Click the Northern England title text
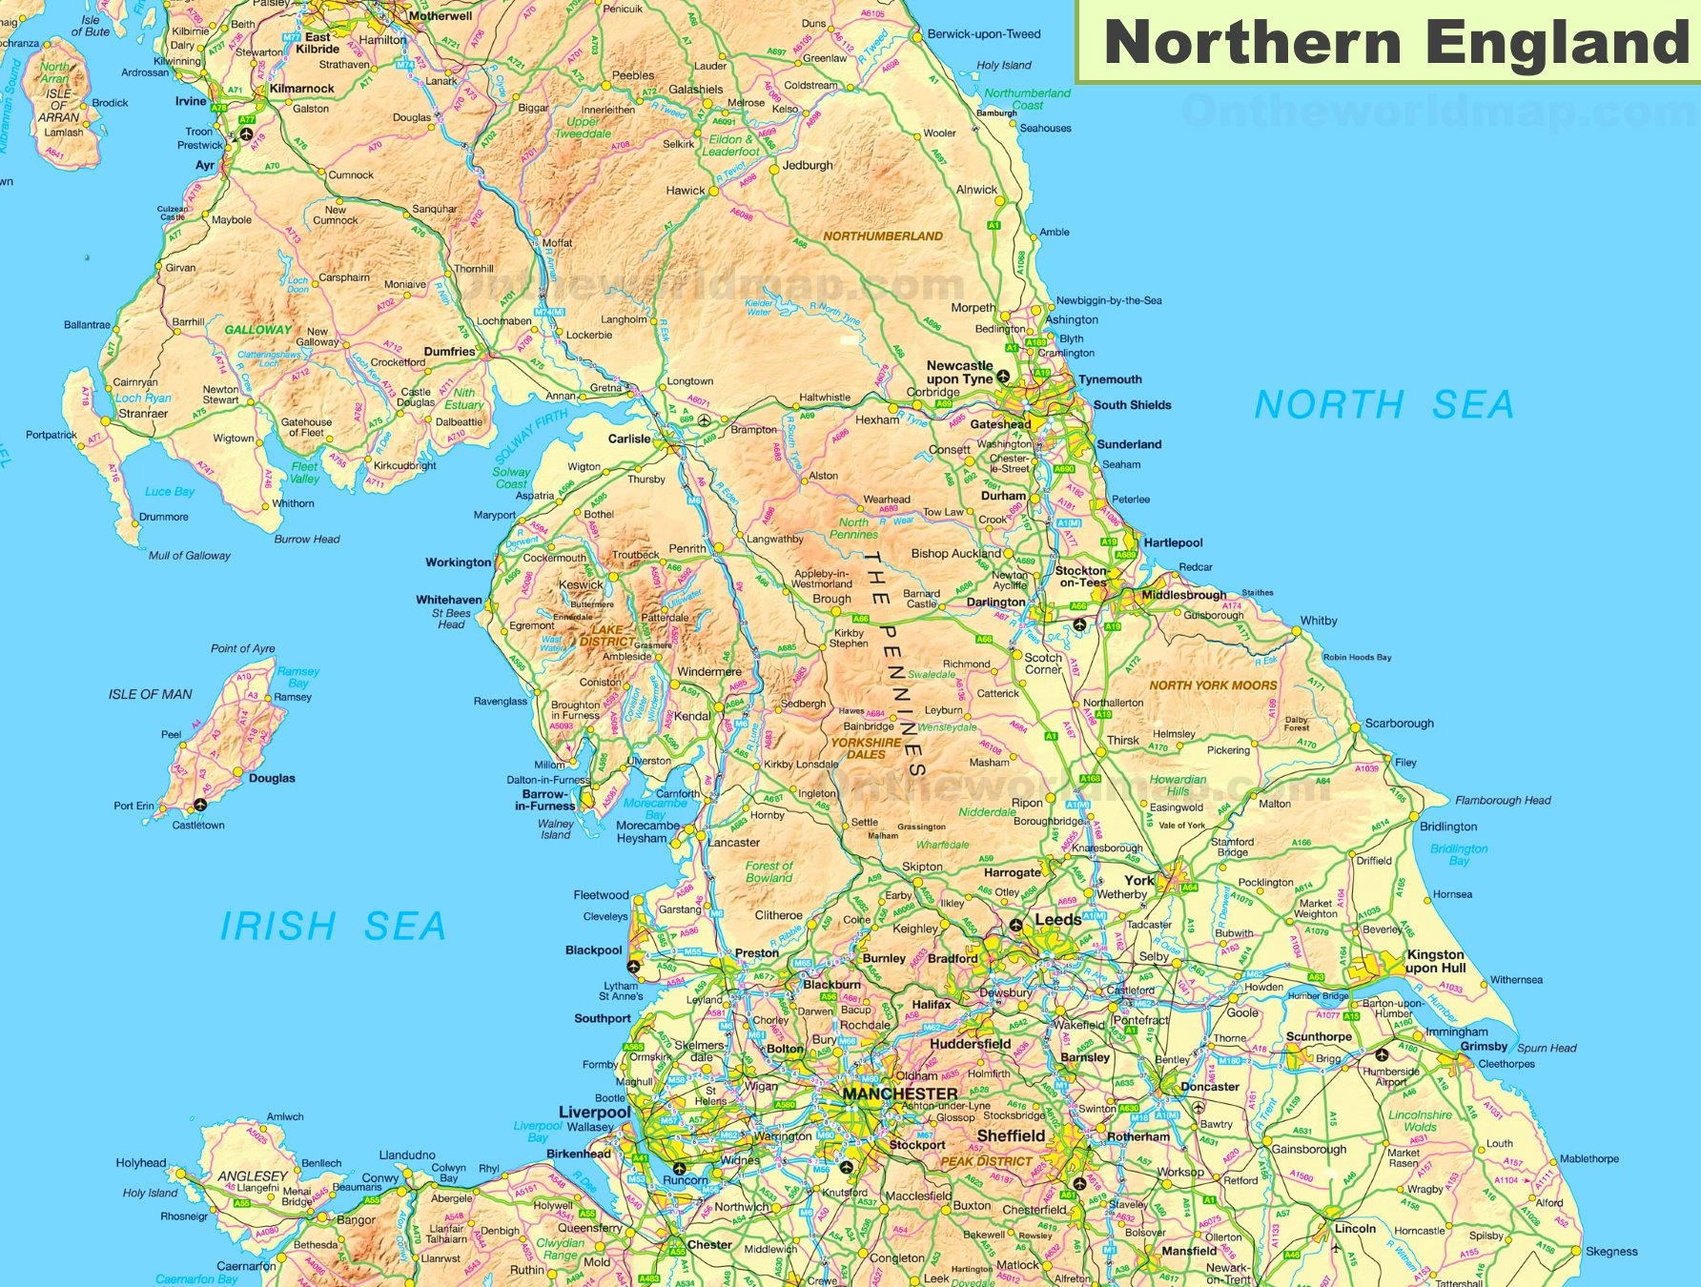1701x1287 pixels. click(x=1395, y=43)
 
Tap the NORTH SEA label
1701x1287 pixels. click(x=1383, y=405)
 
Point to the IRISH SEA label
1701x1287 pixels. click(x=333, y=926)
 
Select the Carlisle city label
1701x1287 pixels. click(x=629, y=439)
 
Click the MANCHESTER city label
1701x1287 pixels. click(x=900, y=1093)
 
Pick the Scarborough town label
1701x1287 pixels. click(x=1399, y=723)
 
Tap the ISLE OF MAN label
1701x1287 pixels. click(x=150, y=694)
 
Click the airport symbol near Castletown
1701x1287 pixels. click(x=200, y=806)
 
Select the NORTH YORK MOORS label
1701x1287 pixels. click(x=1212, y=684)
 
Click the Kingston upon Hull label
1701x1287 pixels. click(x=1435, y=961)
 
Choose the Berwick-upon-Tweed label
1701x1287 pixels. click(x=984, y=33)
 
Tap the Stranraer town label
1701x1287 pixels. click(x=143, y=414)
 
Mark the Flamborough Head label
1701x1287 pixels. click(x=1503, y=800)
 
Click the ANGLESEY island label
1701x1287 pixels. click(x=252, y=1175)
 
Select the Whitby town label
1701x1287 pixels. click(x=1318, y=621)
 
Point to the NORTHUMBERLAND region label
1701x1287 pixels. click(x=882, y=235)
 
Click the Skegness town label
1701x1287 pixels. click(x=1611, y=1251)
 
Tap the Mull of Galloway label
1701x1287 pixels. click(x=189, y=555)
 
